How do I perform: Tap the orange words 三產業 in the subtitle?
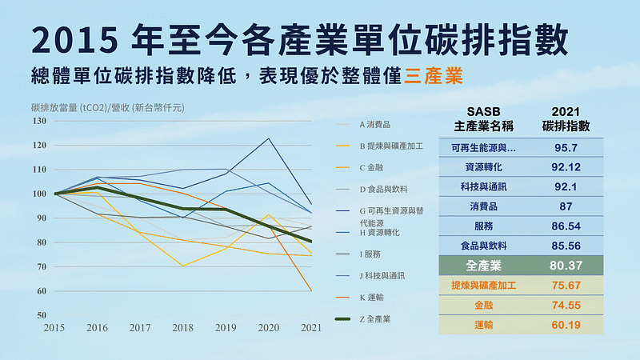pyautogui.click(x=434, y=78)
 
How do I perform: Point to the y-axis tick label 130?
pyautogui.click(x=38, y=121)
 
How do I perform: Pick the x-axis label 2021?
pyautogui.click(x=311, y=328)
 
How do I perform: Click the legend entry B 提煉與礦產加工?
pyautogui.click(x=391, y=146)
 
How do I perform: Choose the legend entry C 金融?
pyautogui.click(x=373, y=168)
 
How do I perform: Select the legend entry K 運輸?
pyautogui.click(x=373, y=297)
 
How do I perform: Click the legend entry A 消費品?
pyautogui.click(x=375, y=125)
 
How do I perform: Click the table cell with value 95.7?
pyautogui.click(x=566, y=148)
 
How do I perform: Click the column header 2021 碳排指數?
pyautogui.click(x=566, y=118)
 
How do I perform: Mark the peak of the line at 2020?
pyautogui.click(x=269, y=138)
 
